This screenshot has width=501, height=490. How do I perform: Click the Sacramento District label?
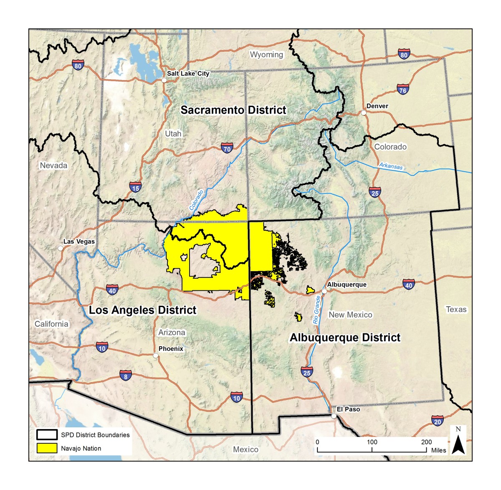tap(233, 110)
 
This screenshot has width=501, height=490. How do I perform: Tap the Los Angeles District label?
tap(142, 310)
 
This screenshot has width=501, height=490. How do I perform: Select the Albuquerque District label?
tap(345, 338)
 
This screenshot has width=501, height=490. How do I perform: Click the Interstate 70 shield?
tap(227, 148)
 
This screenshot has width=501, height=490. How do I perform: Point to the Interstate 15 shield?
tap(135, 188)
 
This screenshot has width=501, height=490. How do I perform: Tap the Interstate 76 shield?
tap(402, 89)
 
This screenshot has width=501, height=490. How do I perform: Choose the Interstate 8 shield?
tap(126, 376)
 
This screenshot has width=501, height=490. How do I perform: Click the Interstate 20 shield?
tap(437, 421)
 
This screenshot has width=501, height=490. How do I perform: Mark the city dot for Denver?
tap(364, 113)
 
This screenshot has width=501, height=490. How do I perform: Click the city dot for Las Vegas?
tap(61, 248)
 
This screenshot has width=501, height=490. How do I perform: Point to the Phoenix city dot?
tap(156, 355)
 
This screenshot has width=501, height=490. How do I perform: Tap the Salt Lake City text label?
tap(188, 74)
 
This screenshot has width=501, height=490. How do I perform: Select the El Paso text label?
tap(348, 409)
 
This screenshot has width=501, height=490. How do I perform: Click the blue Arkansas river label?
tap(391, 166)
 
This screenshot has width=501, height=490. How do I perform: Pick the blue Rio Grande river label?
tap(317, 310)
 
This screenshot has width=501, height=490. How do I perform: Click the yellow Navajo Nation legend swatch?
tap(46, 448)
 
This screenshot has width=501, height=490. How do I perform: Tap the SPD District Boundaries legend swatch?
tap(46, 435)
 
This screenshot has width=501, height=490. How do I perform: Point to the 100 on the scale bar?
tap(372, 442)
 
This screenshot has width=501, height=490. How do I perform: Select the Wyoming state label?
tap(266, 55)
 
